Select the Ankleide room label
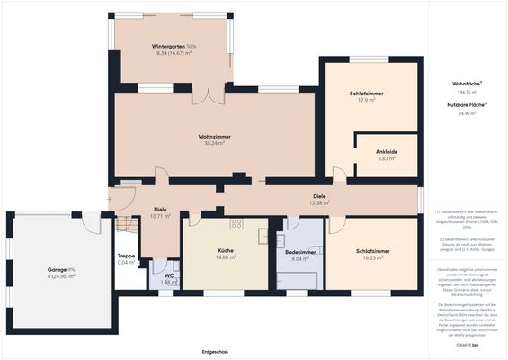point(387,151)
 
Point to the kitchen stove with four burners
point(236,223)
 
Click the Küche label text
point(226,250)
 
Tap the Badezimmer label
point(300,252)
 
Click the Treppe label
point(127,256)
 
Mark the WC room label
point(168,275)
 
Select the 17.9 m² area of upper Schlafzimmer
point(366,101)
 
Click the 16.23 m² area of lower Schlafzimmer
point(371,257)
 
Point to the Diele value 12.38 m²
point(319,203)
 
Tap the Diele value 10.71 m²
point(160,216)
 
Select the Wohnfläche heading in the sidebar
point(467,84)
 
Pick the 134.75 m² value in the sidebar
point(468,93)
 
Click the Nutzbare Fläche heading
point(467,105)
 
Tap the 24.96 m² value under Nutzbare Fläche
point(468,114)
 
